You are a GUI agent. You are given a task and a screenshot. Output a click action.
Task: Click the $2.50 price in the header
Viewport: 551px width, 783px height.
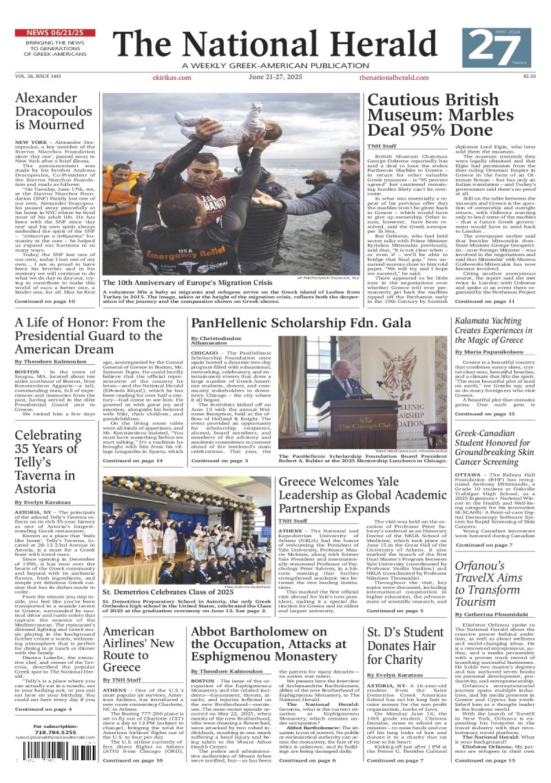pos(529,77)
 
